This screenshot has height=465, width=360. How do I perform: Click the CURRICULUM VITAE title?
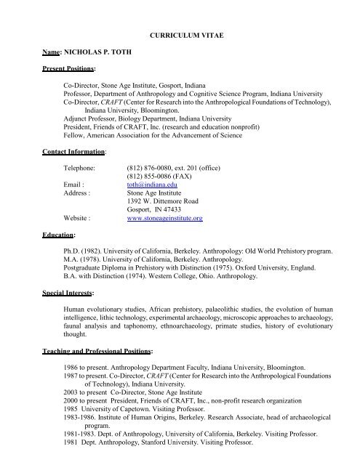180,33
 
